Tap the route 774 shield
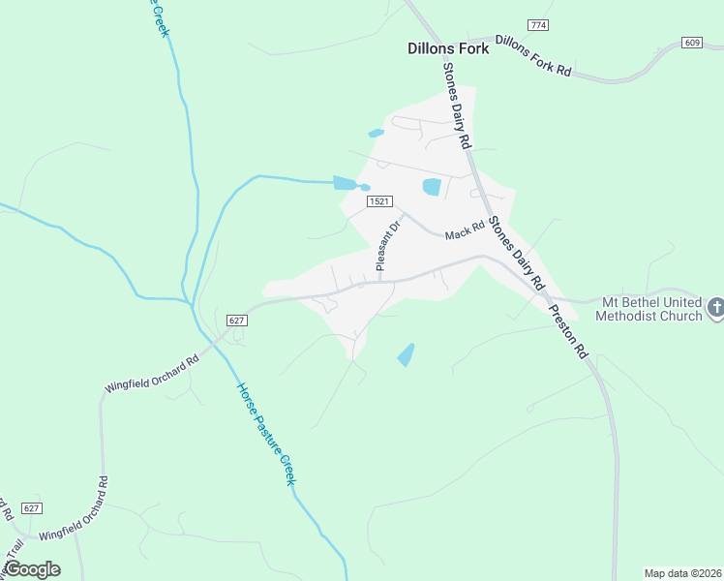538,23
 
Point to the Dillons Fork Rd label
534,56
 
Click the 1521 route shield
380,201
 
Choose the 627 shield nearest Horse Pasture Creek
238,321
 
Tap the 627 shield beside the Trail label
32,508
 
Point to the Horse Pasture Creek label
265,434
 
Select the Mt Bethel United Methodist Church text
649,309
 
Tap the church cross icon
716,308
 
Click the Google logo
32,569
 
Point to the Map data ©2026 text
682,573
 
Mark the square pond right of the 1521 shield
432,187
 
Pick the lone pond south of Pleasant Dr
407,355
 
